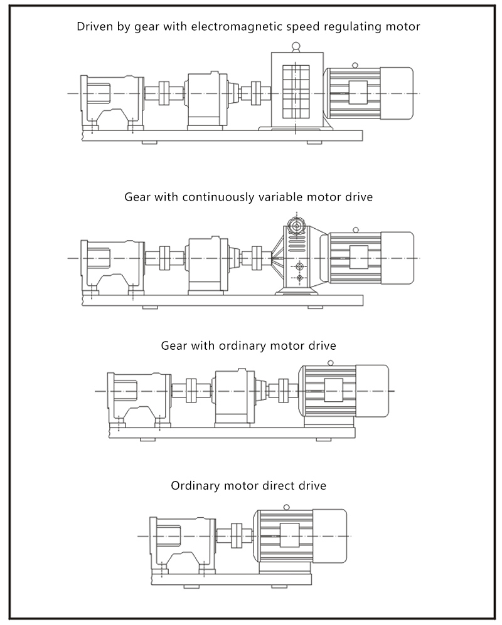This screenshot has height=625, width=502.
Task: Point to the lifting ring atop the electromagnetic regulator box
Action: [296, 45]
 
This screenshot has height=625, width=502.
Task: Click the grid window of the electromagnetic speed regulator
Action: [297, 91]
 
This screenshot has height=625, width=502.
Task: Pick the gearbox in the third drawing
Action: [233, 395]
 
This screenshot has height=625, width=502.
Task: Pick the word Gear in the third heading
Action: [174, 345]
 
